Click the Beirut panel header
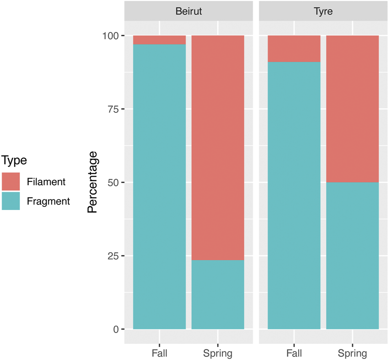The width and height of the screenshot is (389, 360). (x=188, y=11)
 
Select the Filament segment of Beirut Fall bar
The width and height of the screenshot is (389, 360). (x=159, y=40)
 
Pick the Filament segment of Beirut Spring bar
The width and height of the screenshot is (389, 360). (x=218, y=148)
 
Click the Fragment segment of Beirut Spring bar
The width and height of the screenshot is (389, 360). (x=218, y=295)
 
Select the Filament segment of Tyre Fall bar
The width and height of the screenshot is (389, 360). (x=294, y=49)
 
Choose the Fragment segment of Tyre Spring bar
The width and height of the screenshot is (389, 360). (x=352, y=255)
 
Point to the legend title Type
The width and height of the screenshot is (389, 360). (x=14, y=160)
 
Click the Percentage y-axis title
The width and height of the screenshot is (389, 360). (x=93, y=182)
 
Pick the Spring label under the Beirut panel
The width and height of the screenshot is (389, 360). (x=218, y=353)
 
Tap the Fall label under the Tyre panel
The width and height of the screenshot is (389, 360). (x=294, y=353)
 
